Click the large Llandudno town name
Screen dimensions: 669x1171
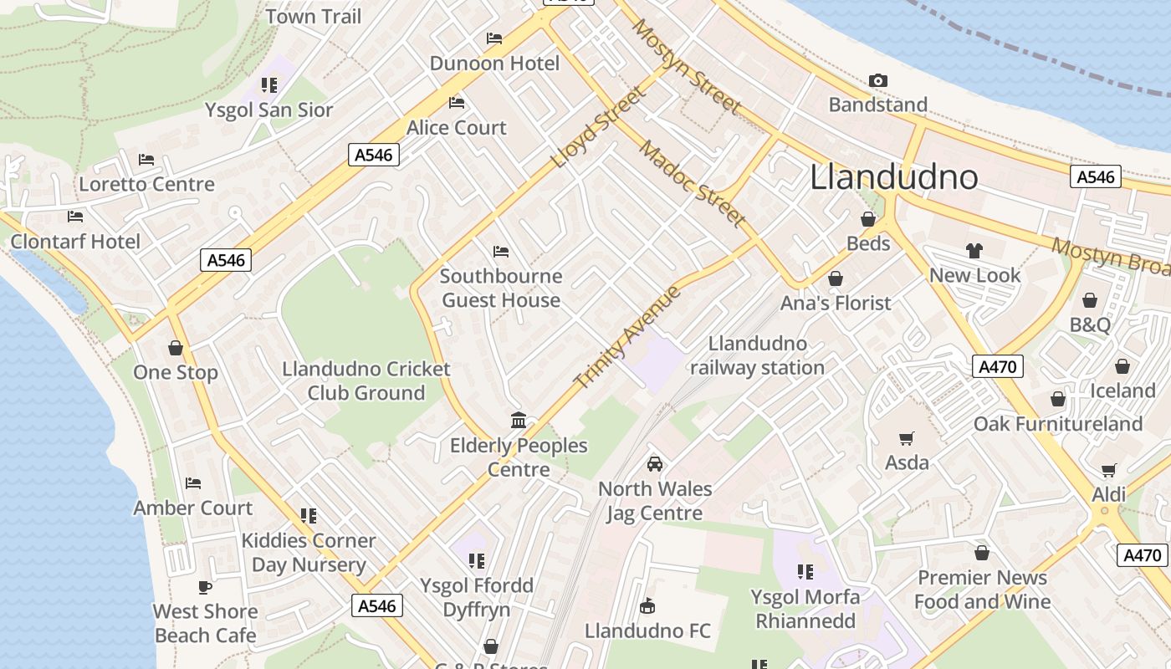(894, 177)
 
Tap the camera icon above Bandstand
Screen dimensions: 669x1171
(877, 80)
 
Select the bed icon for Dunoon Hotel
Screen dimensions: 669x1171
(494, 38)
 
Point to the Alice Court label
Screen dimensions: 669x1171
(457, 128)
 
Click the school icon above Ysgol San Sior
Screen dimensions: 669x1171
(268, 84)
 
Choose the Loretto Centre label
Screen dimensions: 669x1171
(146, 184)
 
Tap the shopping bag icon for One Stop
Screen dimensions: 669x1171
(176, 347)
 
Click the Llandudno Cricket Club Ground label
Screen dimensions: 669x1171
(366, 380)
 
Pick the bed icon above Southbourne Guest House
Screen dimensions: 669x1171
(501, 251)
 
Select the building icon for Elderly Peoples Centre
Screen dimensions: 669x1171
(519, 420)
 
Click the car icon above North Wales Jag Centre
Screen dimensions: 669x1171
(655, 463)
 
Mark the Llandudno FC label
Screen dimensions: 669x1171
(647, 631)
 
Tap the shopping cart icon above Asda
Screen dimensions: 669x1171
(907, 437)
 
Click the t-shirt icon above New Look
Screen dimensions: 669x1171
(974, 250)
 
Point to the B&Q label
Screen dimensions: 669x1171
(1090, 324)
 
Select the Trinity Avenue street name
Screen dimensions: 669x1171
(628, 336)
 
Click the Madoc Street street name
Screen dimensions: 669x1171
(693, 183)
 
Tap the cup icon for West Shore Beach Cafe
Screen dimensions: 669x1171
(205, 587)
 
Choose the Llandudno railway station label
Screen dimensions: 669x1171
(757, 355)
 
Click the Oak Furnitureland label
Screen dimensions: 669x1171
(1057, 424)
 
